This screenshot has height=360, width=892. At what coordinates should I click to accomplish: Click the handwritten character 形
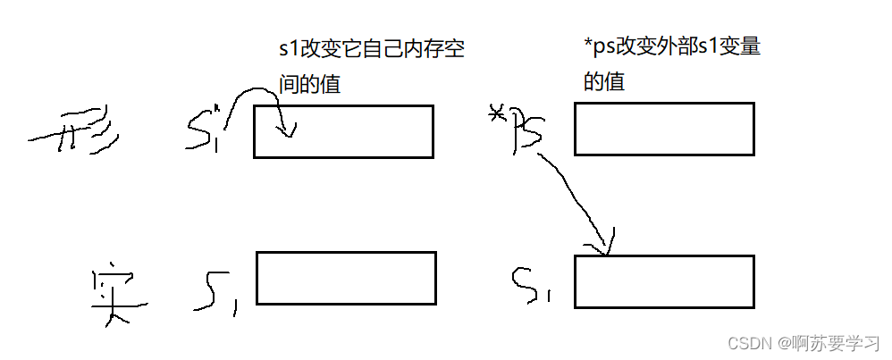pos(80,135)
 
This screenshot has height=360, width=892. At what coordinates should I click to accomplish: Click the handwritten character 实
pos(114,294)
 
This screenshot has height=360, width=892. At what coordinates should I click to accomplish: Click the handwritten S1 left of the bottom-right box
pos(533,284)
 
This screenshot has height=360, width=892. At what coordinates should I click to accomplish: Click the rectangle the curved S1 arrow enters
pos(343,131)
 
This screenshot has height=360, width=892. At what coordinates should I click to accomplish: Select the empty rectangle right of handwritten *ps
pos(663,129)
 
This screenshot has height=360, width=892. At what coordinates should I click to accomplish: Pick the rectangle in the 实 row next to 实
pos(346,278)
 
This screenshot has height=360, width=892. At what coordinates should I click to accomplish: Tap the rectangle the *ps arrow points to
pos(663,281)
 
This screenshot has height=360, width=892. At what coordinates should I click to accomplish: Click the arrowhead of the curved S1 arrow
pos(286,133)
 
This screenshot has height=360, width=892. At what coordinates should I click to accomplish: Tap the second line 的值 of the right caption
pos(604,81)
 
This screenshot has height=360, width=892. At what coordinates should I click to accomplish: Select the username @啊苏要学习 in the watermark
pos(827,343)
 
